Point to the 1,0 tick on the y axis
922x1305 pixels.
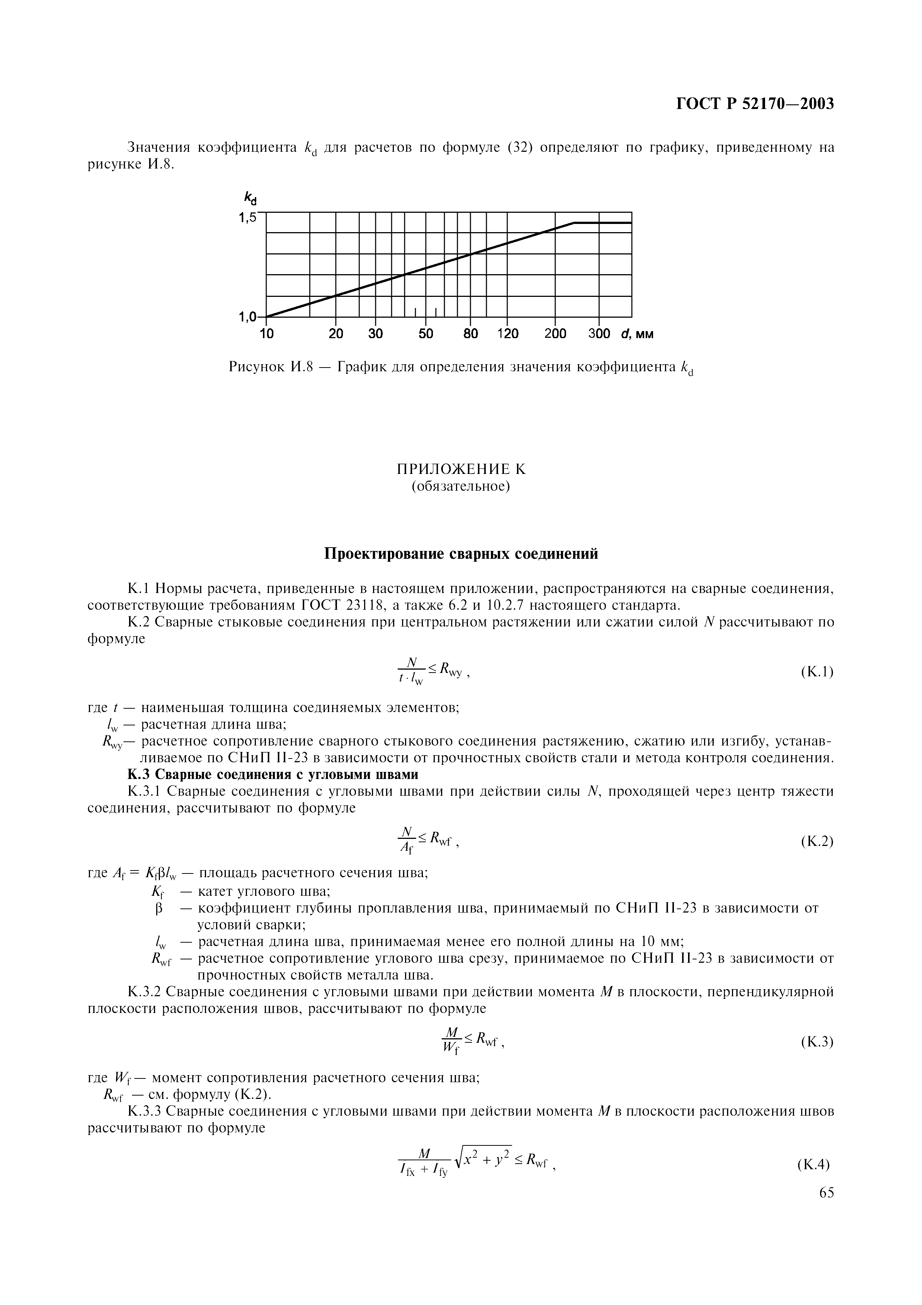pos(248,317)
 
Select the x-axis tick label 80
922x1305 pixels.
pos(470,334)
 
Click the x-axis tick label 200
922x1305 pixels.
pos(555,334)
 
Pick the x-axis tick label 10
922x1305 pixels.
pos(266,334)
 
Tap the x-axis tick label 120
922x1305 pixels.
pos(507,334)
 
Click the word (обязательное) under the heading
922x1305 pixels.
pos(461,487)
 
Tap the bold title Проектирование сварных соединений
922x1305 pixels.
pos(461,554)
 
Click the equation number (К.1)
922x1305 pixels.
pos(816,672)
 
